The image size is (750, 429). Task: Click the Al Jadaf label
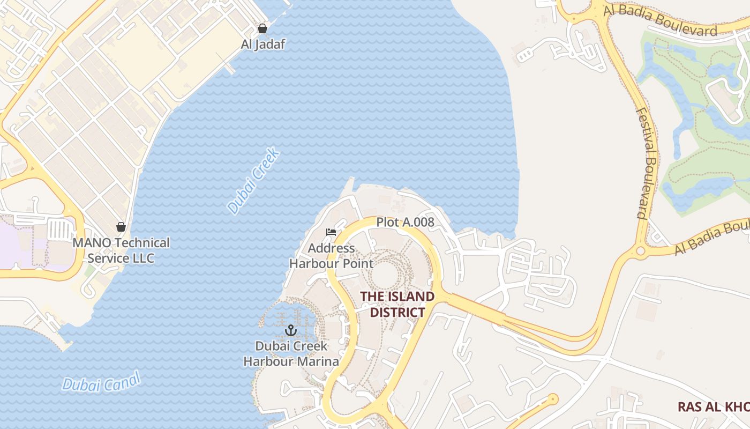coord(262,45)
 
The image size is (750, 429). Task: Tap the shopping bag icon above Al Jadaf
coord(262,28)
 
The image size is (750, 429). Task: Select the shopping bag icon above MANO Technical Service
coord(121,227)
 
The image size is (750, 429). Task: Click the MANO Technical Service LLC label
coord(121,250)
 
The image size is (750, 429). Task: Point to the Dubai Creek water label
coord(253,181)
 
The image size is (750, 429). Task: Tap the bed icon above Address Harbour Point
coord(331,232)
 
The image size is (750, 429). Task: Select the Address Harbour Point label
coord(331,256)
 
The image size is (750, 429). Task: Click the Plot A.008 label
coord(405,222)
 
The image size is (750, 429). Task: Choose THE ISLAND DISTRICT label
coord(397,304)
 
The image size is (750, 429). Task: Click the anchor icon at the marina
coord(291,330)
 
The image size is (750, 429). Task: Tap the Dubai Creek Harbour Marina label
coord(291,354)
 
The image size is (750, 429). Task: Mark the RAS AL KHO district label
coord(713,406)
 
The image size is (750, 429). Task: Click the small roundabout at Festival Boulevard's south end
coord(640,251)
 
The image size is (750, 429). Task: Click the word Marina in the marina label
coord(318,361)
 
